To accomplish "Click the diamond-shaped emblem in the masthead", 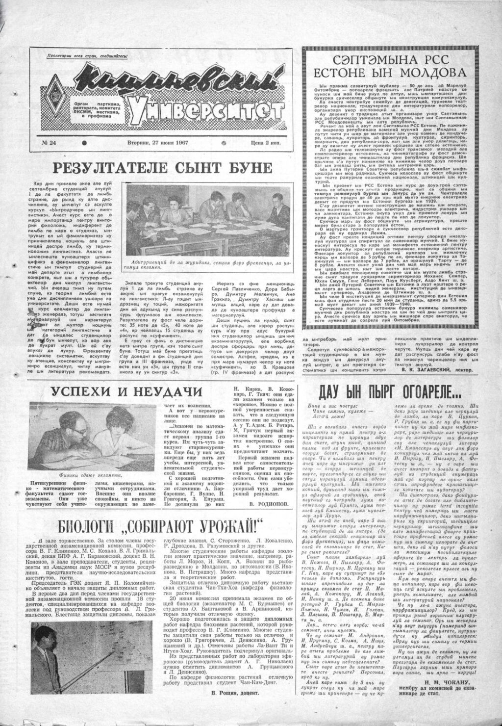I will tap(49, 90).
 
